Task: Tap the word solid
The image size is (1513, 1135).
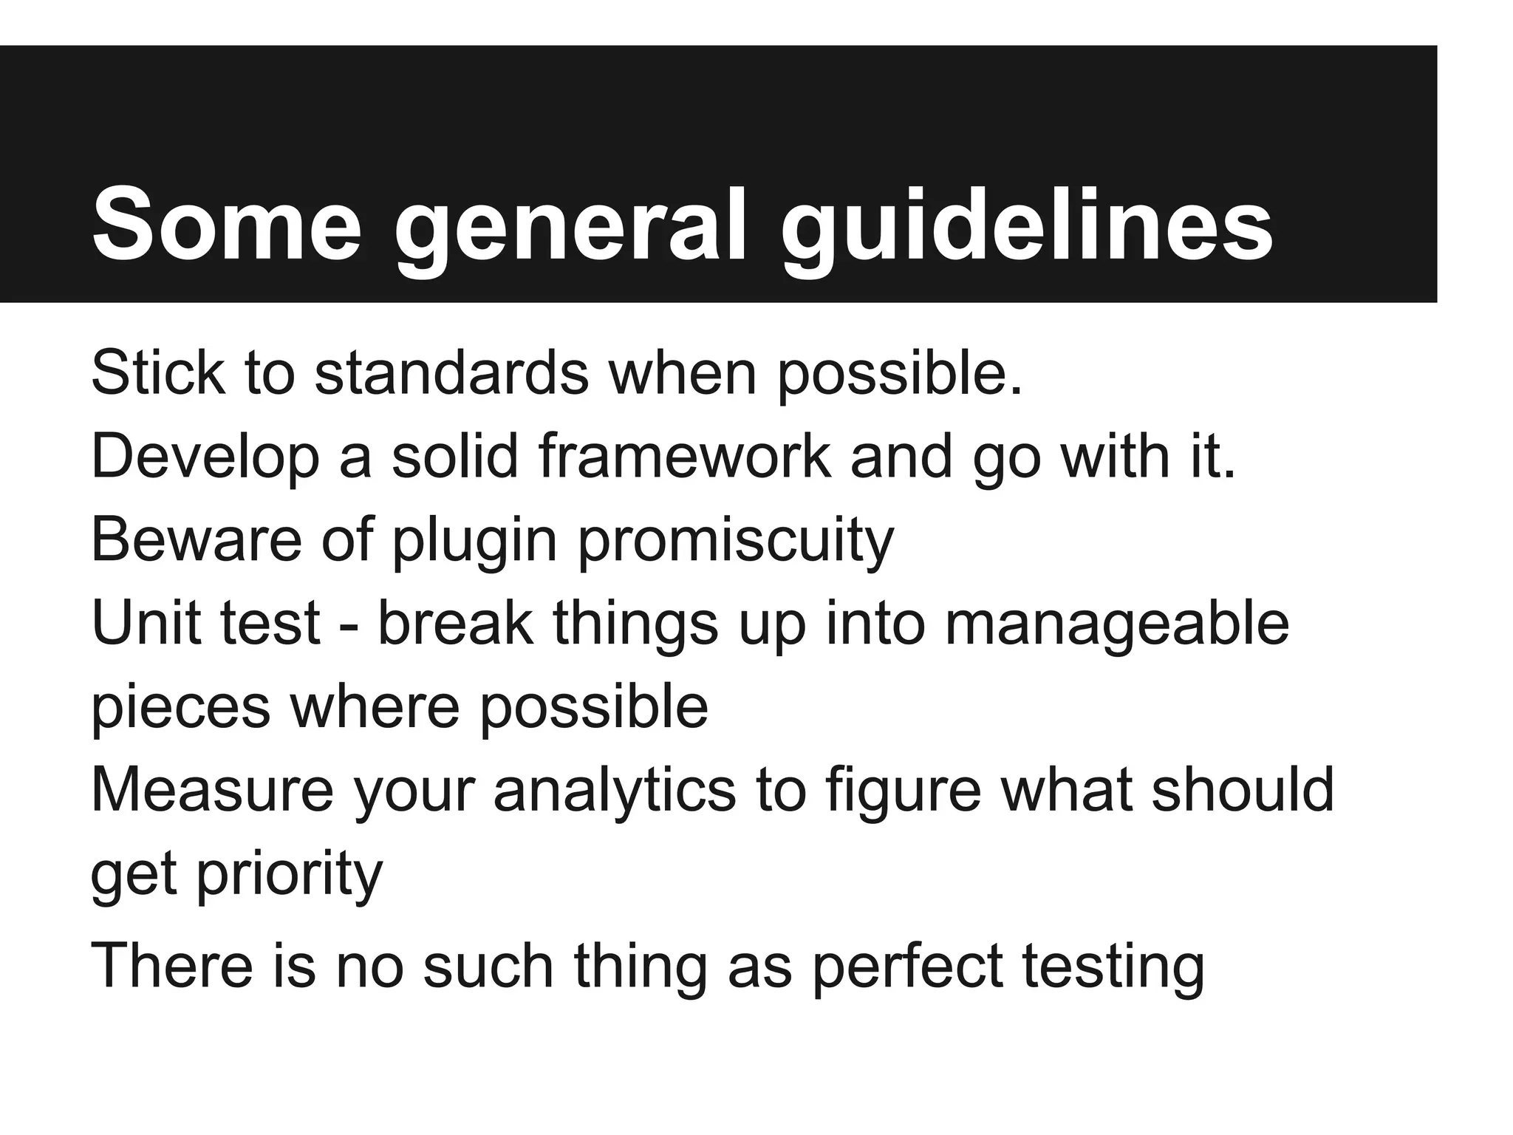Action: click(454, 457)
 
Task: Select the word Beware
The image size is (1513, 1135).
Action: click(196, 540)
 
